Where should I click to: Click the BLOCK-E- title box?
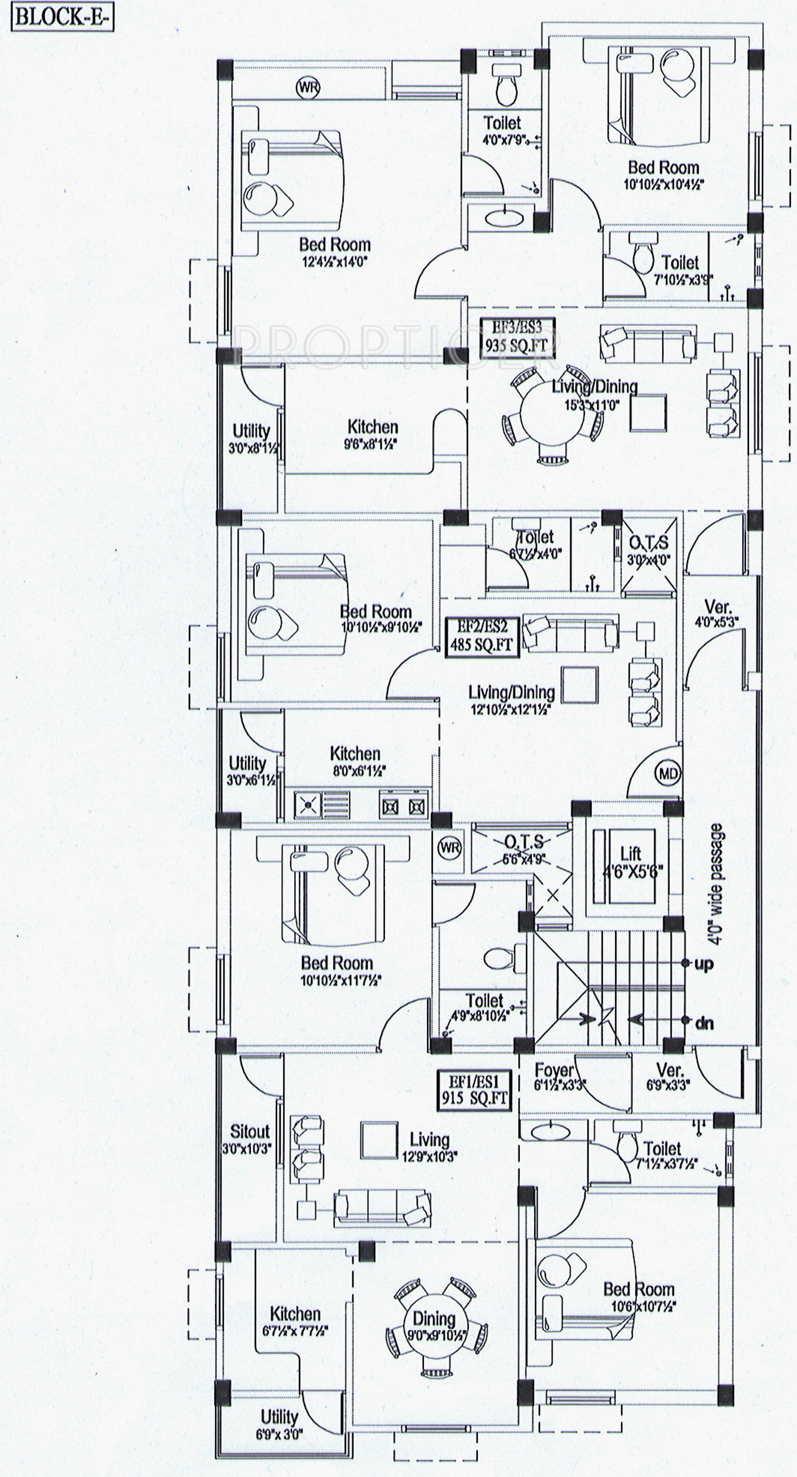click(x=54, y=17)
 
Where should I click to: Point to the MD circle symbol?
click(x=667, y=773)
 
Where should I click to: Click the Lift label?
click(x=630, y=854)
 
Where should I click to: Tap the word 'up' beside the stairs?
click(x=703, y=964)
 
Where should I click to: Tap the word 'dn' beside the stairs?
click(x=703, y=1022)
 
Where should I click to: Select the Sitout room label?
click(x=249, y=1131)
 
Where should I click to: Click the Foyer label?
click(x=554, y=1070)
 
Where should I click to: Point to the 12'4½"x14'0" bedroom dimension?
click(x=335, y=261)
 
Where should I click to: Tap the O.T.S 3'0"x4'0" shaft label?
click(x=648, y=550)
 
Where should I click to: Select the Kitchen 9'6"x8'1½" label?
click(x=372, y=434)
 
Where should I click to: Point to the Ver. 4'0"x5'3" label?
click(x=718, y=613)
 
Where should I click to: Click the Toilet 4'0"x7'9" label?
click(x=502, y=130)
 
